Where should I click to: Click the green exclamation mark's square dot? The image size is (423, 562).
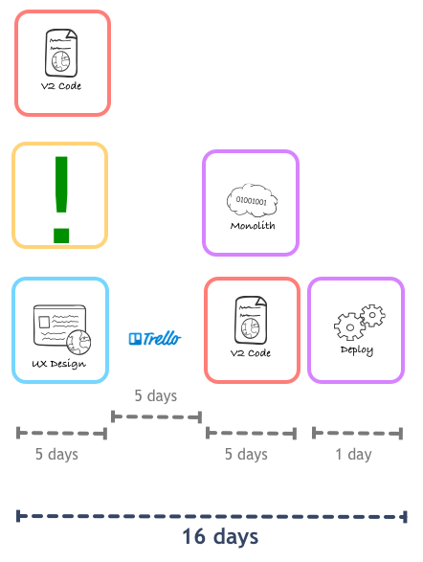pyautogui.click(x=61, y=236)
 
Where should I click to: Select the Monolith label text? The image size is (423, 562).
pyautogui.click(x=253, y=225)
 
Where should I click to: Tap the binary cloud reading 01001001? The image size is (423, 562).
pyautogui.click(x=252, y=200)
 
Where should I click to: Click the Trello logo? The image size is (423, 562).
pyautogui.click(x=155, y=338)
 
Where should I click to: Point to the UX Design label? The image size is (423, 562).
pyautogui.click(x=58, y=364)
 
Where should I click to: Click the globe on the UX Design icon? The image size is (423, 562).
pyautogui.click(x=78, y=343)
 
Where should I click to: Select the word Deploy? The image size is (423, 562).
pyautogui.click(x=357, y=350)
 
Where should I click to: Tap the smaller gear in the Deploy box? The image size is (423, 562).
pyautogui.click(x=373, y=315)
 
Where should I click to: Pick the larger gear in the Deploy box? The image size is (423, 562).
pyautogui.click(x=350, y=326)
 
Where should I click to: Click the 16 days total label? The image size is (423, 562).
pyautogui.click(x=220, y=537)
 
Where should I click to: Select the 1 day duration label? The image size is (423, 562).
pyautogui.click(x=353, y=454)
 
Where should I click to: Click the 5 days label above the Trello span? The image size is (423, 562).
pyautogui.click(x=156, y=395)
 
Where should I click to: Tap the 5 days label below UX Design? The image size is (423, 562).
pyautogui.click(x=56, y=454)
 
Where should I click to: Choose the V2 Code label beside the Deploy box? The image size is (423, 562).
pyautogui.click(x=251, y=353)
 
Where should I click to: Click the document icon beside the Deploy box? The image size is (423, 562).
pyautogui.click(x=251, y=320)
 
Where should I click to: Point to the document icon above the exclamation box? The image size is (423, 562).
pyautogui.click(x=61, y=53)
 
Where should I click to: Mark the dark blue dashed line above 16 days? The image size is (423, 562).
pyautogui.click(x=211, y=516)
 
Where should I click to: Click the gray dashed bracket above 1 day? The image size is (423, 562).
pyautogui.click(x=358, y=433)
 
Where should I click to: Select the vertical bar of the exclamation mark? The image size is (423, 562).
pyautogui.click(x=61, y=184)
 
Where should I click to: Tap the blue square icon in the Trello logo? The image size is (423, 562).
pyautogui.click(x=135, y=339)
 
